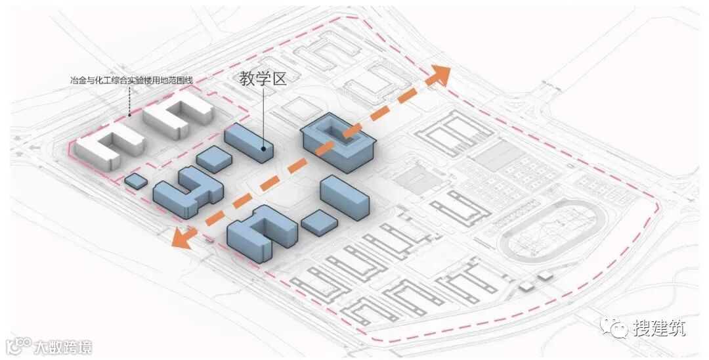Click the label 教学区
(x=263, y=79)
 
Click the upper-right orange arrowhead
(x=439, y=76)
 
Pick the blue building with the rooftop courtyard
(x=337, y=141)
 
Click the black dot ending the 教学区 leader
(x=264, y=148)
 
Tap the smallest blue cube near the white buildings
(x=136, y=181)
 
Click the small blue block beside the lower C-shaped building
(x=319, y=222)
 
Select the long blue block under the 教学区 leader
(x=248, y=142)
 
